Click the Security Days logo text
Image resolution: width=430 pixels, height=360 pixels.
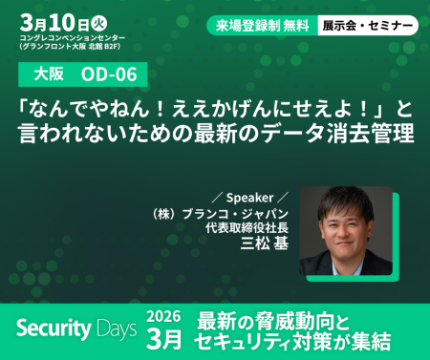point(76,329)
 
